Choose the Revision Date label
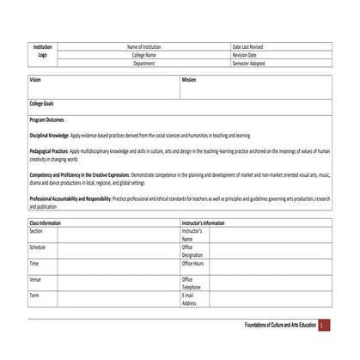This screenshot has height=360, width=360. [x=246, y=55]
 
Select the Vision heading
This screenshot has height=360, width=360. [x=35, y=80]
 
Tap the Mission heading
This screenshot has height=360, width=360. [x=189, y=80]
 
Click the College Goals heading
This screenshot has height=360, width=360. [x=42, y=103]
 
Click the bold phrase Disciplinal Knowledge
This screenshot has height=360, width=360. [x=49, y=136]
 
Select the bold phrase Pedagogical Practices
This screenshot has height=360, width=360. [x=50, y=151]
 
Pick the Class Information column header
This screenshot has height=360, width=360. [x=46, y=223]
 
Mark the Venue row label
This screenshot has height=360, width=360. [x=35, y=279]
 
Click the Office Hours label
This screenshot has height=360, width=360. [x=193, y=264]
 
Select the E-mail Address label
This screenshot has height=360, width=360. [x=189, y=299]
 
